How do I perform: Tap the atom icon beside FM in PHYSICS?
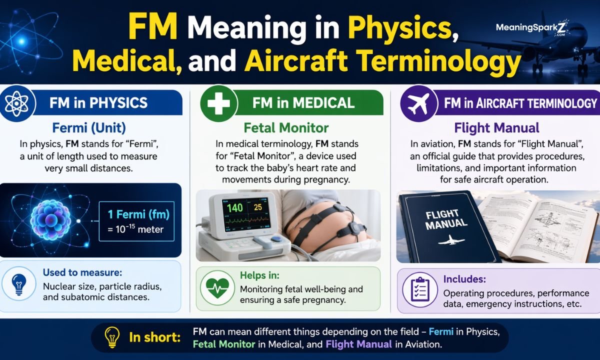(16, 103)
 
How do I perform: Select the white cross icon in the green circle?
(218, 103)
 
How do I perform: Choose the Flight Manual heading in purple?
(489, 127)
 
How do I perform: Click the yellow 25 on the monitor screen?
(257, 207)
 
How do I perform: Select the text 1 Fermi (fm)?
(138, 214)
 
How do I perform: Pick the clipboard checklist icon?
(419, 289)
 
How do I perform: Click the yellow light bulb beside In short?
(111, 337)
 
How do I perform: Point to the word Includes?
(464, 279)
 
